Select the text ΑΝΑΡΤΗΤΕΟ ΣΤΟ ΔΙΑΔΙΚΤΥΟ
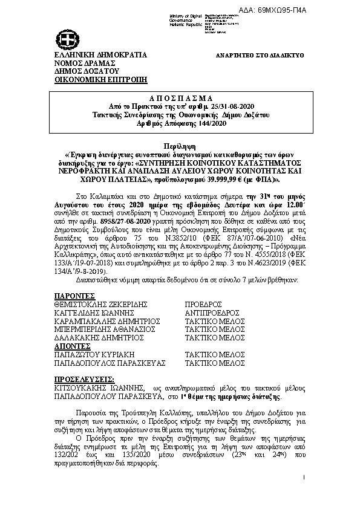[260, 56]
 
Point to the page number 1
[303, 478]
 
